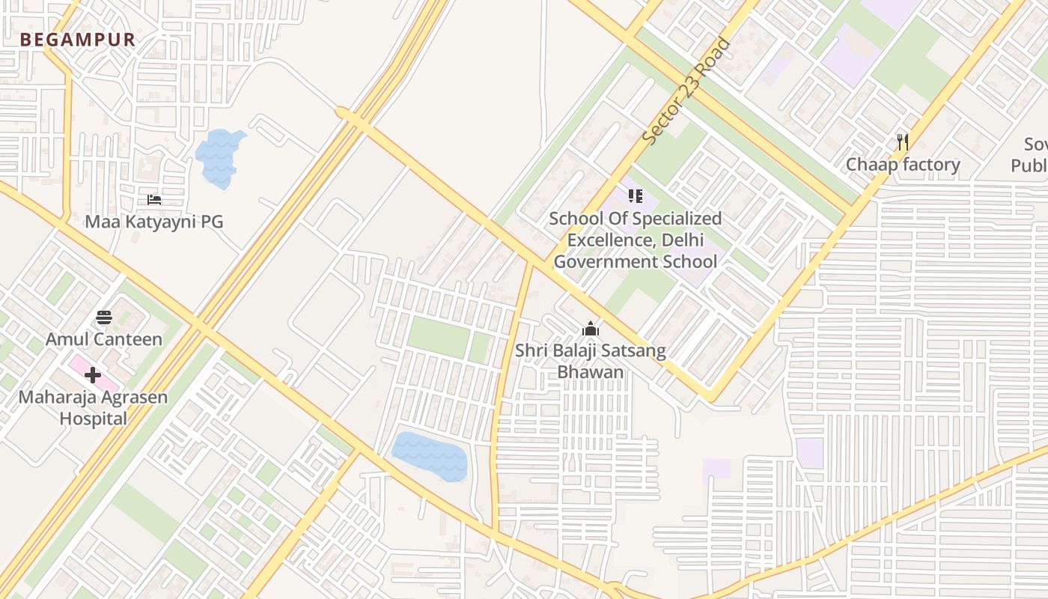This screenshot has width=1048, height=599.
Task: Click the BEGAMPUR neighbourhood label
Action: [78, 40]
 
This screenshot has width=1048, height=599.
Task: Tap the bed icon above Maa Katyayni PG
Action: [154, 200]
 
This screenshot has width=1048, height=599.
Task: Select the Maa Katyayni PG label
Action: [153, 222]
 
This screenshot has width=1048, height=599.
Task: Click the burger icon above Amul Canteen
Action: [104, 317]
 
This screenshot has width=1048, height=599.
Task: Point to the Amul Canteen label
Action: [104, 339]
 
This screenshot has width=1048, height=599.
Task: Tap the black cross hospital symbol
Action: [93, 374]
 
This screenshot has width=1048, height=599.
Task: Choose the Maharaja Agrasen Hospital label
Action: [94, 397]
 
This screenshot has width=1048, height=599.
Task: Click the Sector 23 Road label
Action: [686, 91]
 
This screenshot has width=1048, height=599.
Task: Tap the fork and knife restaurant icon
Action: [903, 142]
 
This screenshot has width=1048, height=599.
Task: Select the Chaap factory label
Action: [903, 165]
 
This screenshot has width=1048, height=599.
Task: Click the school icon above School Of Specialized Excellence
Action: [636, 197]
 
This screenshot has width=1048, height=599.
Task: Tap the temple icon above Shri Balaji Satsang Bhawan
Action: [591, 329]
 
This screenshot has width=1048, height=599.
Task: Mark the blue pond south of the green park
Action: [430, 455]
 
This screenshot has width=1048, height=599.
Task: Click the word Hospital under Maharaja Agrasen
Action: [94, 419]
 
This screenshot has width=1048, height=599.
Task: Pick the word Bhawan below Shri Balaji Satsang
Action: [591, 372]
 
